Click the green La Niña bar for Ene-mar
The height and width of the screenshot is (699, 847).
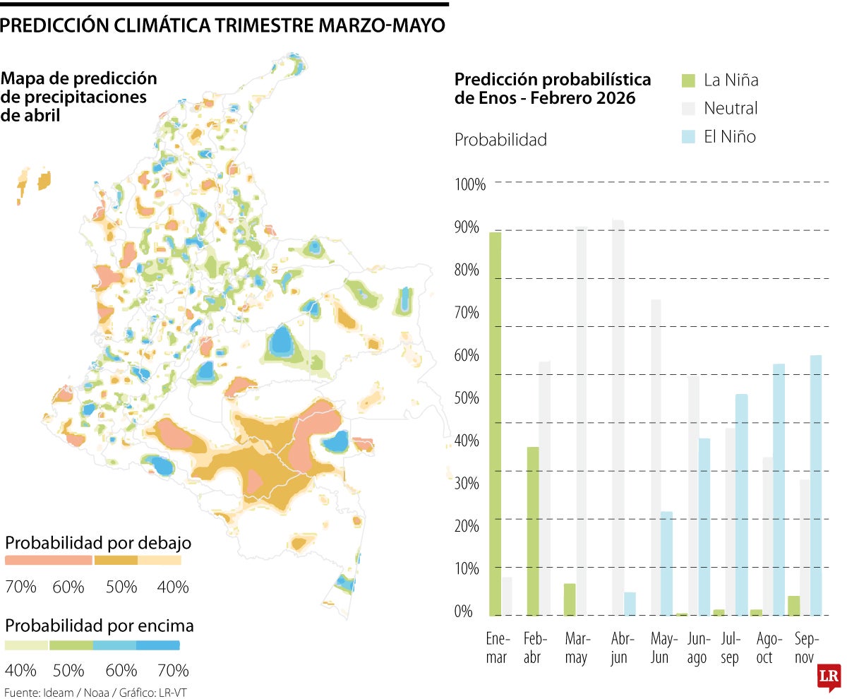(x=495, y=424)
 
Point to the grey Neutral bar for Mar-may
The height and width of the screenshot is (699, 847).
(x=581, y=421)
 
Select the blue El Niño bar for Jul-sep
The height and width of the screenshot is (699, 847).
(x=741, y=504)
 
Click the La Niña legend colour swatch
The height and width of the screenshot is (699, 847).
(x=688, y=80)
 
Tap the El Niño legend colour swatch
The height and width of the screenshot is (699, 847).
(x=688, y=136)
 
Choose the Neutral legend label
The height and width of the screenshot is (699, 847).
(x=731, y=108)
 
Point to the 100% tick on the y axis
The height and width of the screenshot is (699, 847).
(x=470, y=185)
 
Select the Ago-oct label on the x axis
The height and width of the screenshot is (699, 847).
(x=769, y=648)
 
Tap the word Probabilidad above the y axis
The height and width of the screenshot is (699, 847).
(x=500, y=140)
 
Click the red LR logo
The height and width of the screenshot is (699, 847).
(x=829, y=678)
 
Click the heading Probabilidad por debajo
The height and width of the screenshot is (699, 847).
(x=98, y=543)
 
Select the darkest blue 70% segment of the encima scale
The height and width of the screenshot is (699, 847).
(x=158, y=645)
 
